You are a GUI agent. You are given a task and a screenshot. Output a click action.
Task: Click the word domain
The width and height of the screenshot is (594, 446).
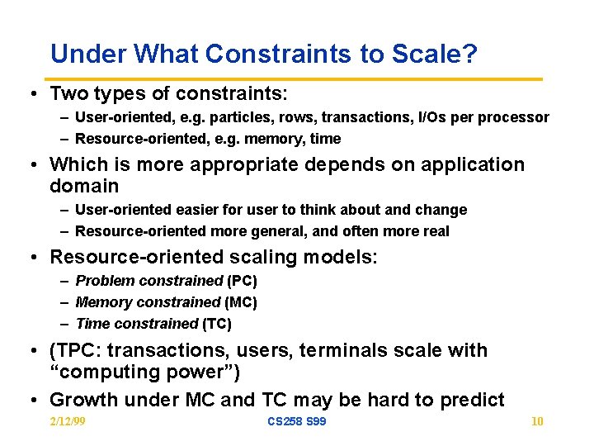(x=84, y=186)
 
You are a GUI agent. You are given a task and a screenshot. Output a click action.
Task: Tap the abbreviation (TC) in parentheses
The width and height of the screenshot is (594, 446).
(x=216, y=324)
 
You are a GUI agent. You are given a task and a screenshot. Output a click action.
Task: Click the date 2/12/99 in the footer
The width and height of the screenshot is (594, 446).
(x=68, y=422)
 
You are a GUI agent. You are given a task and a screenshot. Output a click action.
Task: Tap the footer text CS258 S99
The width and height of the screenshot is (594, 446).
(x=296, y=422)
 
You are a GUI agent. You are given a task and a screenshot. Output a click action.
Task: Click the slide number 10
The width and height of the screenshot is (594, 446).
(x=537, y=422)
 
